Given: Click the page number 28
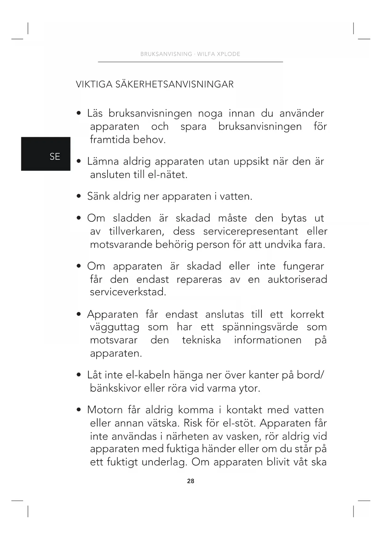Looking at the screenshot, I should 191,481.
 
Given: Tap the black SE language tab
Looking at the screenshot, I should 46,154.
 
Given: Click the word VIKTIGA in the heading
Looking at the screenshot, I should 94,84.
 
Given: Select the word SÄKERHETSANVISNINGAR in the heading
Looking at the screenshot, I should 175,84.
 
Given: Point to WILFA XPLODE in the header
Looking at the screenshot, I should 219,54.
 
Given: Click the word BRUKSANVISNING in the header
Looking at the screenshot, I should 166,54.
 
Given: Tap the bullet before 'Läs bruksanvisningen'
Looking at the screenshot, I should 79,113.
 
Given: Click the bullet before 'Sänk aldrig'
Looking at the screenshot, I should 79,196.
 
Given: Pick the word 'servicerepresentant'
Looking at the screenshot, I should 251,232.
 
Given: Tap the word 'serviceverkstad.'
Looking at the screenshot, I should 128,292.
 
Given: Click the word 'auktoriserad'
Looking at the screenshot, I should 297,280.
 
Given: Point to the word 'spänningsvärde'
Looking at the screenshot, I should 260,327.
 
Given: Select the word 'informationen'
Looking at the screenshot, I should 267,340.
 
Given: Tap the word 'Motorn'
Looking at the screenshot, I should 105,410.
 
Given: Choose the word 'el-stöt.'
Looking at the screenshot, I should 239,423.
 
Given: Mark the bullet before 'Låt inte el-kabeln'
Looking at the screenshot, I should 79,375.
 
